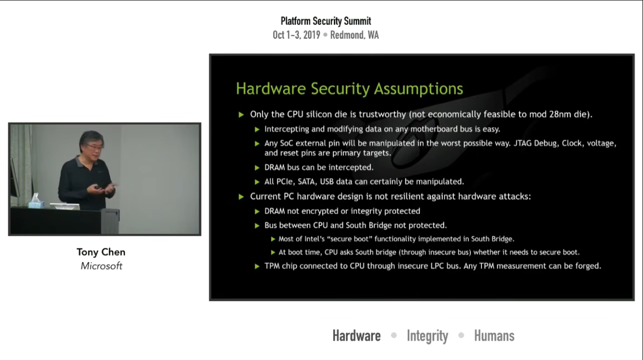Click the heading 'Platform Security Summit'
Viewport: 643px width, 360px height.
pos(326,21)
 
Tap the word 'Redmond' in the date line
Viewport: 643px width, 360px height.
pos(346,35)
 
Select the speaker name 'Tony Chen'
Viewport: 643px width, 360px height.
pos(101,252)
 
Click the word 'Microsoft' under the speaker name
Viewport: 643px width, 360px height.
pos(101,266)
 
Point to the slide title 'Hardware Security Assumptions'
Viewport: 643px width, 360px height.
pos(349,88)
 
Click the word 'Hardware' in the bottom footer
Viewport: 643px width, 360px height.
pos(356,335)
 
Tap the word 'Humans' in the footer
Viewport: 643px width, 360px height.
pos(494,335)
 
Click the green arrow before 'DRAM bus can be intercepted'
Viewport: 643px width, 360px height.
pos(257,167)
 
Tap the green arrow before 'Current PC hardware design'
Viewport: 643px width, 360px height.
pos(241,197)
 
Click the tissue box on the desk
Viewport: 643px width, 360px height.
pos(36,202)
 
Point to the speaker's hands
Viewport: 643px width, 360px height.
pos(103,189)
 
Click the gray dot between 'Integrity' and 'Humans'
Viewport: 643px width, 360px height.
pos(461,335)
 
